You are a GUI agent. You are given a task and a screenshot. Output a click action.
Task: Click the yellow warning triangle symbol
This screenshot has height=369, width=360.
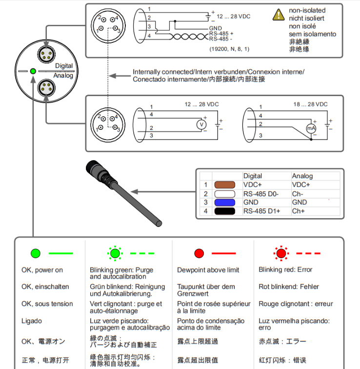[279, 15]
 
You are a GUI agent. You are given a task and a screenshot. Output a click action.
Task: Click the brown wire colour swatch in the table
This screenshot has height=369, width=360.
[225, 185]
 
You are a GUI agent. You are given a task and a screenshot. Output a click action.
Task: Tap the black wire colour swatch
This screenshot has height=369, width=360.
[225, 211]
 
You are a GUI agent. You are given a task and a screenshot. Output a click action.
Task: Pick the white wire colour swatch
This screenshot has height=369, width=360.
[225, 194]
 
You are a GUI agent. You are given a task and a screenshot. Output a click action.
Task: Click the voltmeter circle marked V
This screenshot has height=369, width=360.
[200, 125]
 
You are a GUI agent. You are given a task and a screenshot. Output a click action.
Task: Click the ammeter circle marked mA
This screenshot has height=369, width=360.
[311, 128]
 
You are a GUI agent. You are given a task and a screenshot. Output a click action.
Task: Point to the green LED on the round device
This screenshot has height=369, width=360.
[33, 71]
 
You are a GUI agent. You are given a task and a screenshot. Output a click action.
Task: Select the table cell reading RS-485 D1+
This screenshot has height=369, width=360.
[262, 211]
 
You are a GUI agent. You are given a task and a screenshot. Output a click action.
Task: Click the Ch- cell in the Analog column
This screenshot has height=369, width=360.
[298, 194]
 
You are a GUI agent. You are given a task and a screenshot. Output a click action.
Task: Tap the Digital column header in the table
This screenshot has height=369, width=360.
[252, 176]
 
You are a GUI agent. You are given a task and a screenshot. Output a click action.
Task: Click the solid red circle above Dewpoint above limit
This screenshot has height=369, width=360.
[199, 253]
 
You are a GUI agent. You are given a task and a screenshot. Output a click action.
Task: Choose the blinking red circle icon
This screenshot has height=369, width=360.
[280, 253]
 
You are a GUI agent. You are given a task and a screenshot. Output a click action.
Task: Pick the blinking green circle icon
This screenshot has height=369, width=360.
[115, 253]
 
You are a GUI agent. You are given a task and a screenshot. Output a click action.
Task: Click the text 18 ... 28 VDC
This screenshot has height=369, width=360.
[310, 104]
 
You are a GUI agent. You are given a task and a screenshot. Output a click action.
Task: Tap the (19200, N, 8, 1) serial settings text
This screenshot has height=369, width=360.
[229, 49]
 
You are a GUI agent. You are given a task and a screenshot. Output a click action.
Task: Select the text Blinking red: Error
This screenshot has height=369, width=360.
[285, 269]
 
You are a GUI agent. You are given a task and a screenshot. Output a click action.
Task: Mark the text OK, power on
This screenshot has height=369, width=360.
[42, 270]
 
